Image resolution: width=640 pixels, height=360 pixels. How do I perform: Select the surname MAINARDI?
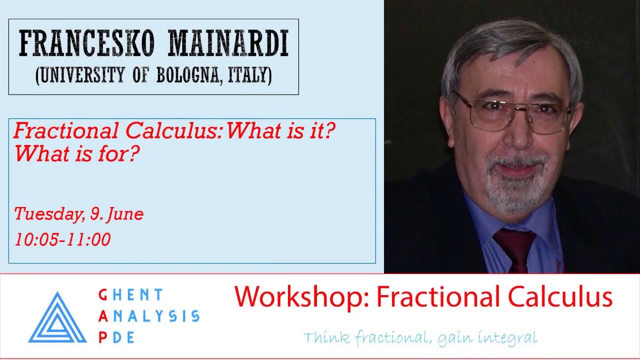click(x=228, y=44)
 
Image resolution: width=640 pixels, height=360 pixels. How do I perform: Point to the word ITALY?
click(x=248, y=75)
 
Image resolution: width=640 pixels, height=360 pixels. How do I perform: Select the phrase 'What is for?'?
click(x=76, y=154)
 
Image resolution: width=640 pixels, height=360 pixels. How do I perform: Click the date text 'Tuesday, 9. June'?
click(x=78, y=214)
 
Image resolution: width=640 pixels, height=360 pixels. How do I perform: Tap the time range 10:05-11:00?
click(x=62, y=239)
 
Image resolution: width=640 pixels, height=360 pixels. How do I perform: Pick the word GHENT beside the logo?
click(x=131, y=295)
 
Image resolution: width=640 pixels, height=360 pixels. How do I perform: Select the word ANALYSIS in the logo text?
click(x=148, y=316)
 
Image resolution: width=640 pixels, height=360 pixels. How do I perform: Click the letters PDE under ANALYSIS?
click(x=116, y=337)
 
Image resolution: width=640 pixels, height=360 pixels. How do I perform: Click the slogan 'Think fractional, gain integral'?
click(x=420, y=337)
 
